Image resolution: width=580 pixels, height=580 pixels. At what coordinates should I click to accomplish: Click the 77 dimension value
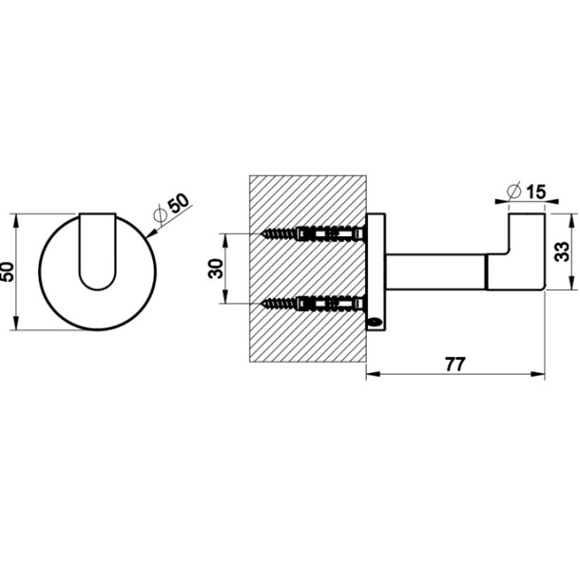tap(455, 363)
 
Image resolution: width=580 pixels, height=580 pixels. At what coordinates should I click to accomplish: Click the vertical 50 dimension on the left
tap(8, 271)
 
